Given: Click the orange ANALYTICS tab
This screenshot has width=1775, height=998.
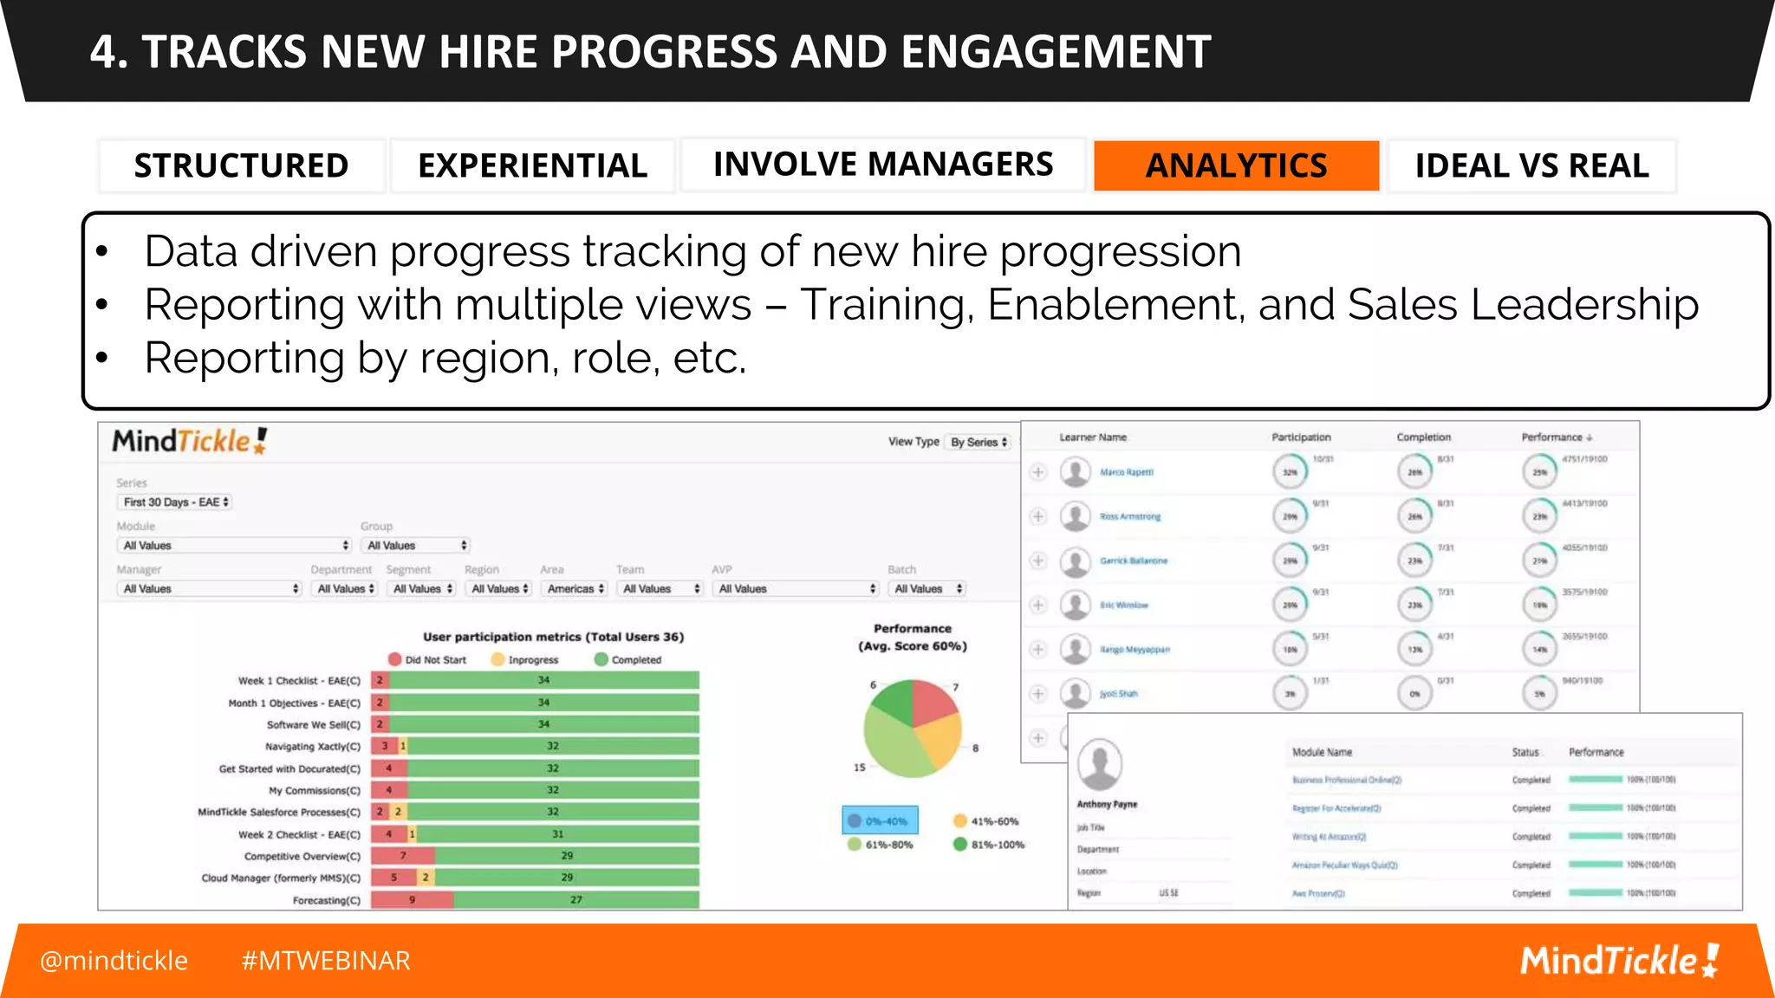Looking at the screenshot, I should [x=1236, y=165].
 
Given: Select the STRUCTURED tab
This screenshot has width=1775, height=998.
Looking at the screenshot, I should [x=241, y=165].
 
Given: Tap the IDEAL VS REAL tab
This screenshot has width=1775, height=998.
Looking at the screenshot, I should [x=1531, y=165].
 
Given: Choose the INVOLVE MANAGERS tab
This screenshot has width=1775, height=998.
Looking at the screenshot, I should [x=882, y=165].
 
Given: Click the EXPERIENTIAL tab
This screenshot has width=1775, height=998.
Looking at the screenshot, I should [x=532, y=165].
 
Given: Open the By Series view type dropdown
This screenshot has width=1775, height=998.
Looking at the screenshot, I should [x=979, y=442].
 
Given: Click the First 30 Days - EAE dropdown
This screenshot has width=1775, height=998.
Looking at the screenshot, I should [x=175, y=502].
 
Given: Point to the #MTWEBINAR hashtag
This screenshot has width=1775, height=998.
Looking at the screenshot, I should [x=326, y=961].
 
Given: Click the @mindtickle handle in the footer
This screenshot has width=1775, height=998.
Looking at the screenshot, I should [x=114, y=961].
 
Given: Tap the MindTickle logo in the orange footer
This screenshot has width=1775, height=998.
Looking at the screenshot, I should [x=1618, y=961].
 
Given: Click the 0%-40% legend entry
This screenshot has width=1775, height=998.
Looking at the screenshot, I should [x=880, y=820].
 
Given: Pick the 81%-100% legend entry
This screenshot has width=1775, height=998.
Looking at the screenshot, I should [x=988, y=845].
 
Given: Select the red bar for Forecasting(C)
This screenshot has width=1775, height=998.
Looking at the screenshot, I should [x=412, y=900].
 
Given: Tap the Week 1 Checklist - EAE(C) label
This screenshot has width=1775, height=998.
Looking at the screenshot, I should [x=299, y=681].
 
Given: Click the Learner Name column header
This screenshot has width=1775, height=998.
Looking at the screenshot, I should [x=1093, y=437].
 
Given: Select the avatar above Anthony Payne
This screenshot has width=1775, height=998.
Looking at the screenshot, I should [x=1100, y=764].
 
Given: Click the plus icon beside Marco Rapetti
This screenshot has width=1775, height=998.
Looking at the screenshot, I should [x=1038, y=472].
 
